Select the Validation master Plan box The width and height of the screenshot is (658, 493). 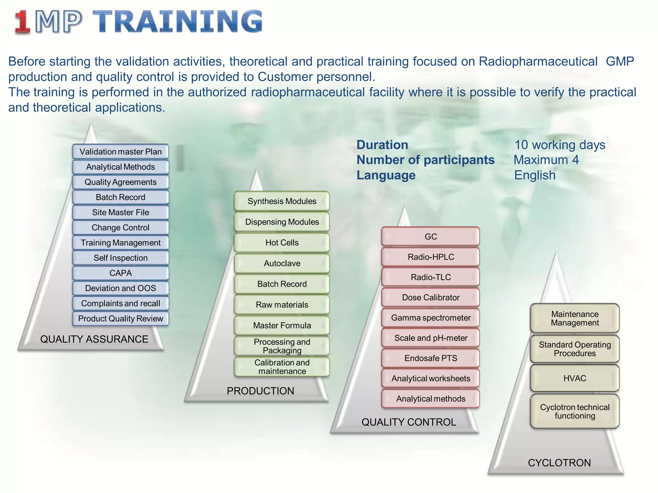(120, 151)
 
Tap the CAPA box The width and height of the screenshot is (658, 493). (120, 273)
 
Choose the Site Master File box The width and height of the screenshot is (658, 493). (120, 212)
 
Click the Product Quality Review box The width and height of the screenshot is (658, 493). (120, 319)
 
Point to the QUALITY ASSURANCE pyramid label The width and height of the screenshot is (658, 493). (94, 339)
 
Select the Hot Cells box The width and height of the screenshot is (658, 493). (282, 243)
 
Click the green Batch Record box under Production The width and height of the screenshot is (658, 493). (282, 284)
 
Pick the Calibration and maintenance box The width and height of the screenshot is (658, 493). (282, 367)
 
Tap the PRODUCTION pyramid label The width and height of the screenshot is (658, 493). (260, 391)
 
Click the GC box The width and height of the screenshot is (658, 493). (431, 237)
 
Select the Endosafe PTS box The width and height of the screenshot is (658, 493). (431, 358)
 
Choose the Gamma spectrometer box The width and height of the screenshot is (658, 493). (431, 318)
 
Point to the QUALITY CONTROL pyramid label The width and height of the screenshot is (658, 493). (409, 422)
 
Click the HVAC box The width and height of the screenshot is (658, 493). (574, 378)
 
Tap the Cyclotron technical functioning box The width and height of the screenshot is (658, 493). (574, 411)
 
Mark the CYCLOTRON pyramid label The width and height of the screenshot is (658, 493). (559, 463)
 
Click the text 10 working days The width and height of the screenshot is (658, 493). (560, 145)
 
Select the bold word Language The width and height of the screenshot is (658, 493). (386, 175)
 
